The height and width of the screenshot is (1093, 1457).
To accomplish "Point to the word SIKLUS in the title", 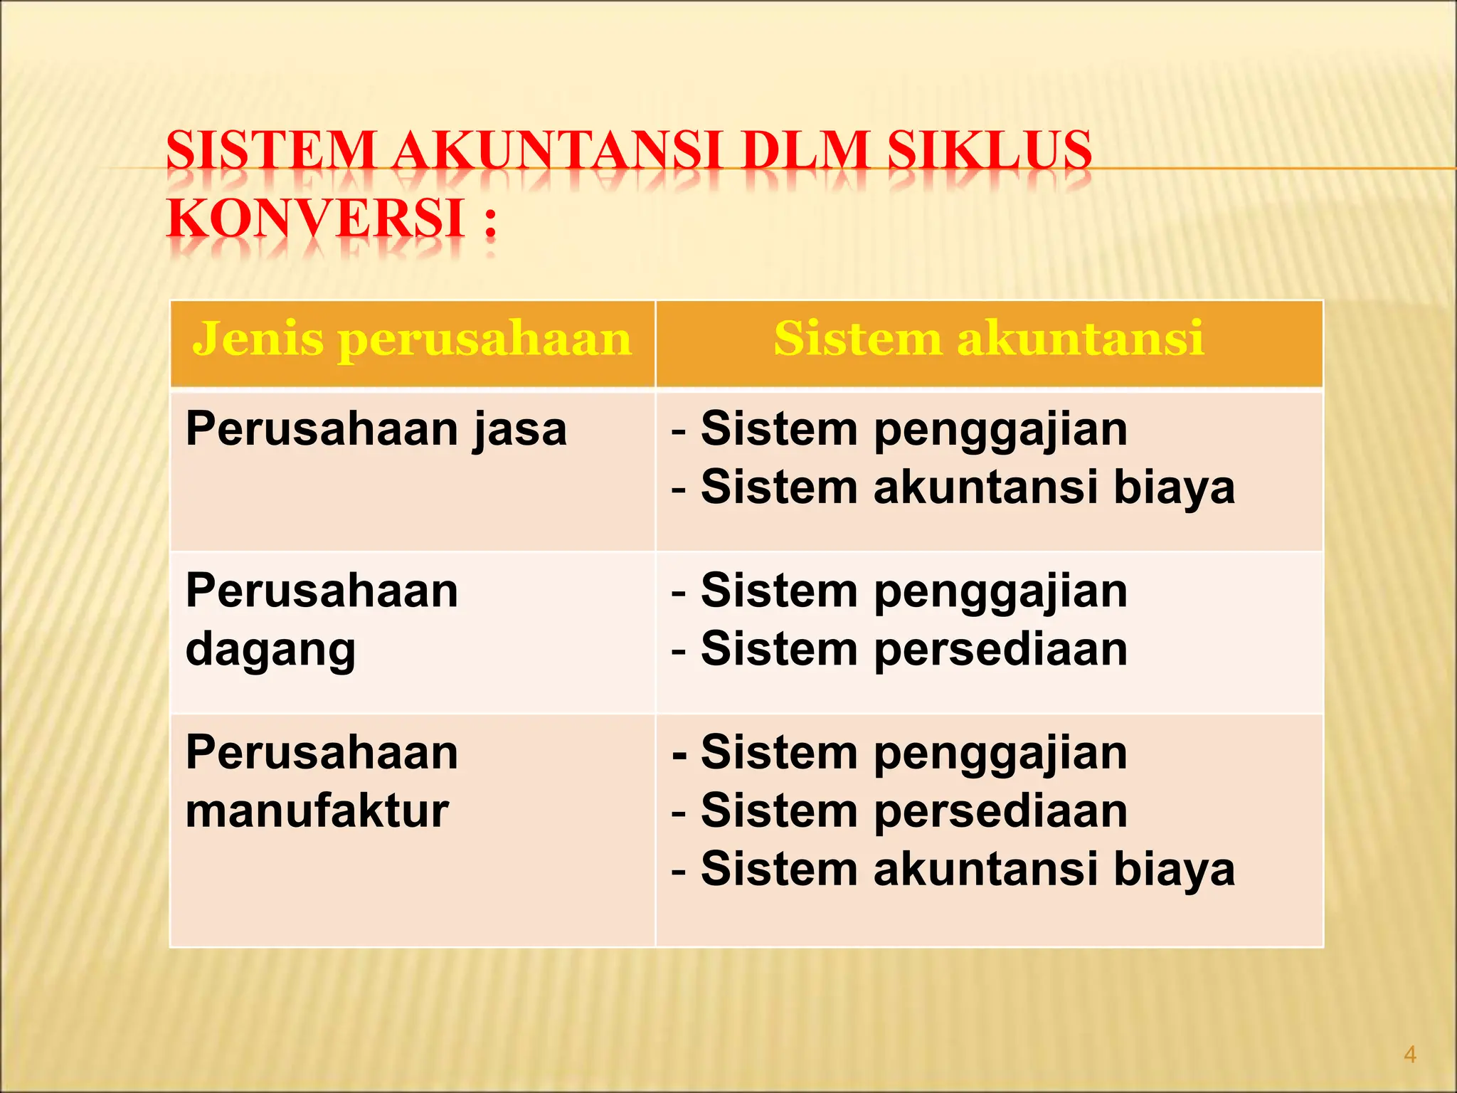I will [990, 151].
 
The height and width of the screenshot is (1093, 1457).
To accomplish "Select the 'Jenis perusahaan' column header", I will [412, 338].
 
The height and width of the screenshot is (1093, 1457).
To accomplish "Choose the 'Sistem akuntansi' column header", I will [989, 338].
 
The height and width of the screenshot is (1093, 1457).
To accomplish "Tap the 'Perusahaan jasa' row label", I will [376, 430].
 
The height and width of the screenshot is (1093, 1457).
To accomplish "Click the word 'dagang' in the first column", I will [270, 650].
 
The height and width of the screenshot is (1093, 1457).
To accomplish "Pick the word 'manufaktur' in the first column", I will [317, 811].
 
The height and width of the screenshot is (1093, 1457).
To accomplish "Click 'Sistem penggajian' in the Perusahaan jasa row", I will [913, 430].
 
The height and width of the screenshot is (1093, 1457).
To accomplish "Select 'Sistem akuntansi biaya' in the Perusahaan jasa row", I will [968, 488].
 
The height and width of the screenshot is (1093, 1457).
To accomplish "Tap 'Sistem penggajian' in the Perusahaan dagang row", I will [913, 591].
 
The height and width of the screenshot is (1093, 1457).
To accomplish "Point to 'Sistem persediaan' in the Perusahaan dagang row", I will [913, 650].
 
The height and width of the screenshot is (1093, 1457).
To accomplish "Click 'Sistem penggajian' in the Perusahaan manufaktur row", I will [913, 753].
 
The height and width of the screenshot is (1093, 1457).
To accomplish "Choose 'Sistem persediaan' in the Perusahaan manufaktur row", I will [913, 811].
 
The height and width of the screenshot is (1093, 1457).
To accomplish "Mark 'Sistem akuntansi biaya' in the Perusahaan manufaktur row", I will [968, 870].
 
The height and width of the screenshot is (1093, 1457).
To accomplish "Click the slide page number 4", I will [1409, 1055].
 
